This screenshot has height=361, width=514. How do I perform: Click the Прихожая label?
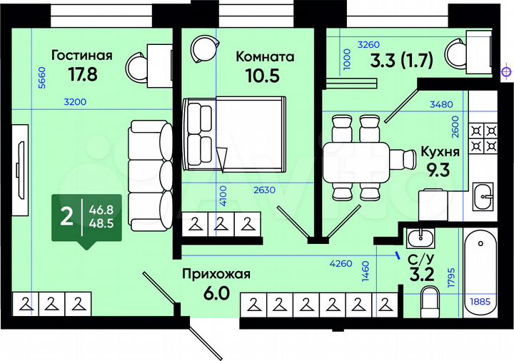(216, 275)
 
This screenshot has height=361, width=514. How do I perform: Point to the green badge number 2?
(66, 216)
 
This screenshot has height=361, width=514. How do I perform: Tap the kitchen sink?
(484, 191)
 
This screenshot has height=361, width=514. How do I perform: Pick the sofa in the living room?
(149, 166)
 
